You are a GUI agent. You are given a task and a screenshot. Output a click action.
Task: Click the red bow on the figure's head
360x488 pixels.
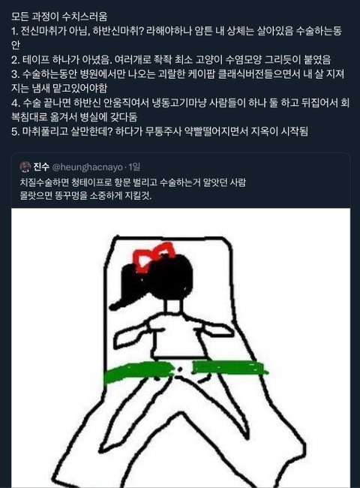click(x=153, y=256)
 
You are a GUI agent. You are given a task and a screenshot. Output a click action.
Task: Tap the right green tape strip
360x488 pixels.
click(x=229, y=367)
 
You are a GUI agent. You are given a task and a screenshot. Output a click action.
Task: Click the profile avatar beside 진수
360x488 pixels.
click(x=25, y=167)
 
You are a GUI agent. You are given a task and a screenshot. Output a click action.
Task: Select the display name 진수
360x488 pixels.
click(x=41, y=167)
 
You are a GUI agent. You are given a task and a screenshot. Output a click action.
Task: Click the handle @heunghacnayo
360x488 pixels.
click(x=87, y=167)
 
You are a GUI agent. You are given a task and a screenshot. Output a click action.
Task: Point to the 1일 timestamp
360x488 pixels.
click(x=134, y=167)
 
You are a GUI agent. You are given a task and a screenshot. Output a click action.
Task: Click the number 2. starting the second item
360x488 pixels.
click(x=15, y=59)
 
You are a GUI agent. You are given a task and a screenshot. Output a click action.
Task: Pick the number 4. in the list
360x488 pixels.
click(x=16, y=103)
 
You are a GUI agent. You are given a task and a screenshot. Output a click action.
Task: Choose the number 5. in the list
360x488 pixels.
click(x=15, y=131)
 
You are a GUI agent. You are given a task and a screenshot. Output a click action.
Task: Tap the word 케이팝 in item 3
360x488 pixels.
click(x=202, y=74)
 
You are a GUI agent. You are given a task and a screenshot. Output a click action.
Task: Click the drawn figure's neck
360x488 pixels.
click(x=172, y=306)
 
